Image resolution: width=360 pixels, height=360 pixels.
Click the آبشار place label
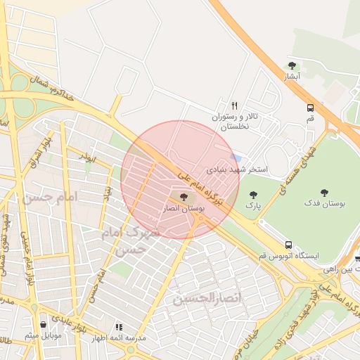click(292, 75)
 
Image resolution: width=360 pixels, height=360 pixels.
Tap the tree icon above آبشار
click(292, 65)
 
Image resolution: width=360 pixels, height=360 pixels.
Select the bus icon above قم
click(310, 108)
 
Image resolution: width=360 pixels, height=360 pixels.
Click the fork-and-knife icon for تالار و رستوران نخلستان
click(235, 104)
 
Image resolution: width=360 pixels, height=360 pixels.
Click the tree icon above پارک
click(253, 194)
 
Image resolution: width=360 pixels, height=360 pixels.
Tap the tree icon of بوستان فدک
click(324, 192)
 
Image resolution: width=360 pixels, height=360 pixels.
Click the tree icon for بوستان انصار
click(184, 198)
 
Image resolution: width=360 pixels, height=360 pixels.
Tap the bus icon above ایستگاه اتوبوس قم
click(288, 244)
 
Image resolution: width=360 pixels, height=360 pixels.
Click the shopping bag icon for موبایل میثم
click(44, 325)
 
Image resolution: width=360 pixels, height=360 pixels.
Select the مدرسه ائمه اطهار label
click(120, 337)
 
